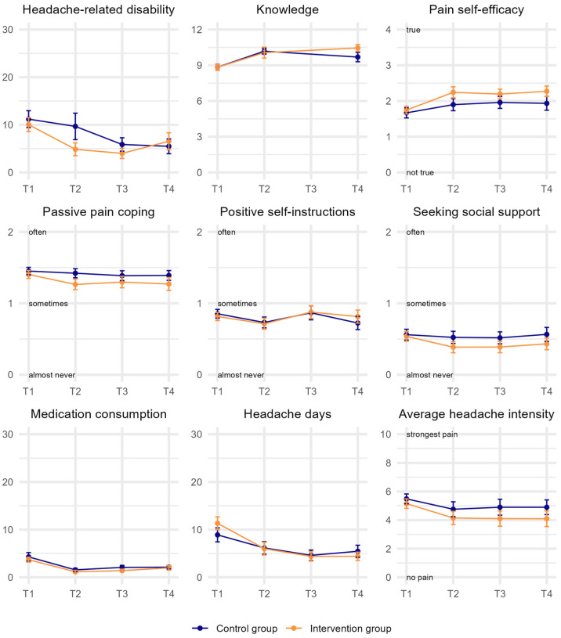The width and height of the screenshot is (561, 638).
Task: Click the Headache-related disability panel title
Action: click(99, 9)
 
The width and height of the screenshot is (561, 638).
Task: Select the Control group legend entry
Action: click(235, 629)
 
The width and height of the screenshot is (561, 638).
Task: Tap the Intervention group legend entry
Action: click(338, 629)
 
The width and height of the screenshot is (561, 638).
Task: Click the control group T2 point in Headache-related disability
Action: click(75, 127)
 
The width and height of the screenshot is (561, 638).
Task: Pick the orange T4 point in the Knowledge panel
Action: click(358, 48)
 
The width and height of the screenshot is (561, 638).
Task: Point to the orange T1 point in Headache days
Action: click(217, 524)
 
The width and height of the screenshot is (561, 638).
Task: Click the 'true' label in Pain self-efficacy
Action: click(413, 30)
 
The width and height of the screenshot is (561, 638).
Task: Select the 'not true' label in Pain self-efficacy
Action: click(420, 172)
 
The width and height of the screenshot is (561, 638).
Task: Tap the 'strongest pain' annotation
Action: click(432, 434)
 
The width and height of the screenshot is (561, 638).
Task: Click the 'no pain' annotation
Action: click(420, 578)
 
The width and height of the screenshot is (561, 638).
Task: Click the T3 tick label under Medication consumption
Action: click(122, 593)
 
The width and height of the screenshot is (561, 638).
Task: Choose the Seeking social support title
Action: click(476, 211)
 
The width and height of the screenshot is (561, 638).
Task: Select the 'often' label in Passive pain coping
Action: click(38, 232)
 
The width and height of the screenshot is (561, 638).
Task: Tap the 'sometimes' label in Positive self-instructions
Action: click(237, 304)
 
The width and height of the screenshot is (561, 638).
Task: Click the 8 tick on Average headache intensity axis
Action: click(388, 463)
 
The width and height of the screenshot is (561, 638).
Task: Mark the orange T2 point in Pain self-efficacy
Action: click(453, 92)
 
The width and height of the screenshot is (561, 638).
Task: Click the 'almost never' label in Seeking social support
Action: click(429, 375)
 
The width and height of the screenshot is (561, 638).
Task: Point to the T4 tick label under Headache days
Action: click(357, 593)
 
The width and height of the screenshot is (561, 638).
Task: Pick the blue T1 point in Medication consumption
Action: click(28, 557)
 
